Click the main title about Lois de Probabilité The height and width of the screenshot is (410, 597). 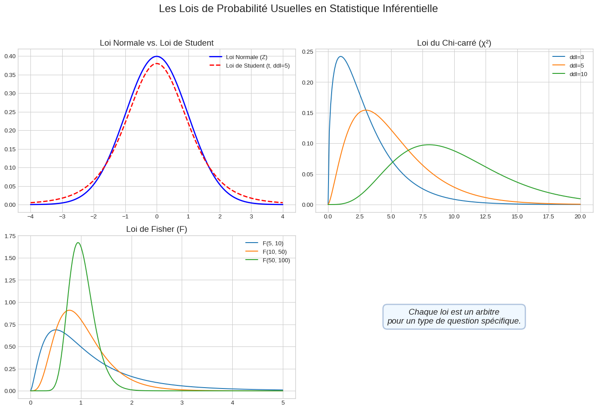[x=298, y=9]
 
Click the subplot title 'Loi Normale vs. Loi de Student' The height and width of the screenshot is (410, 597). [x=157, y=43]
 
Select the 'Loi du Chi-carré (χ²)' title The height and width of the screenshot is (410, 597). [x=454, y=43]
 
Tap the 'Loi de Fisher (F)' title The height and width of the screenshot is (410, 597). [x=157, y=229]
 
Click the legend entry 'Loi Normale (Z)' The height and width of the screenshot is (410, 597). [x=246, y=57]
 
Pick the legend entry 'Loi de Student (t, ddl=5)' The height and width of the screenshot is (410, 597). [x=257, y=66]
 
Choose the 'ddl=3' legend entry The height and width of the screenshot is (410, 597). [x=576, y=57]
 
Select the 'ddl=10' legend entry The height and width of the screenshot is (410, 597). [x=578, y=74]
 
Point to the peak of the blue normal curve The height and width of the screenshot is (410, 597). [x=157, y=56]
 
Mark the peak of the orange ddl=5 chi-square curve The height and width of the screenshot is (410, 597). [x=366, y=110]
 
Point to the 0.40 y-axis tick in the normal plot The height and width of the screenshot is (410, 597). [x=10, y=56]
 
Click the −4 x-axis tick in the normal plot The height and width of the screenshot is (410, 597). [x=30, y=217]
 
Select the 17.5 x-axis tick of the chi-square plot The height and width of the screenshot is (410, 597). [x=548, y=217]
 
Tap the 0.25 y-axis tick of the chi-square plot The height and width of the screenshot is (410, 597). [x=307, y=52]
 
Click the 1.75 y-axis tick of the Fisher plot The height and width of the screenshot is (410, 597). [x=10, y=236]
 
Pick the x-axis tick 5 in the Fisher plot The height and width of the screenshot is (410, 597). [x=283, y=403]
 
